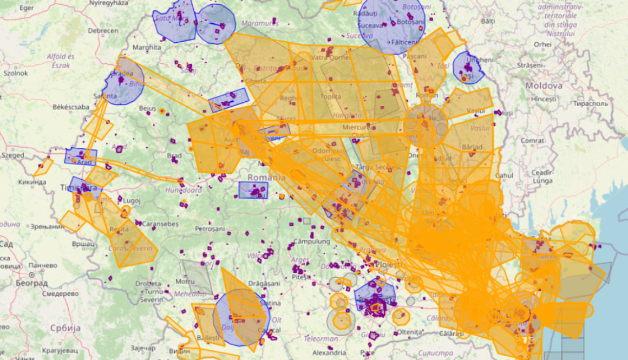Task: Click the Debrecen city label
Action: [103, 31]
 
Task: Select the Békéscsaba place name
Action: [70, 107]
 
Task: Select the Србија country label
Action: [65, 328]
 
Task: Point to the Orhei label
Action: [542, 44]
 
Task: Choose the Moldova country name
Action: [544, 86]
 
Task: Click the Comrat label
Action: [532, 140]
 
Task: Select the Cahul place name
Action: [504, 175]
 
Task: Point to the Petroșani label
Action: [210, 229]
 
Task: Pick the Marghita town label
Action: [147, 48]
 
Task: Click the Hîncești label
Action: [543, 99]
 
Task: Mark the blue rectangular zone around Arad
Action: [81, 156]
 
